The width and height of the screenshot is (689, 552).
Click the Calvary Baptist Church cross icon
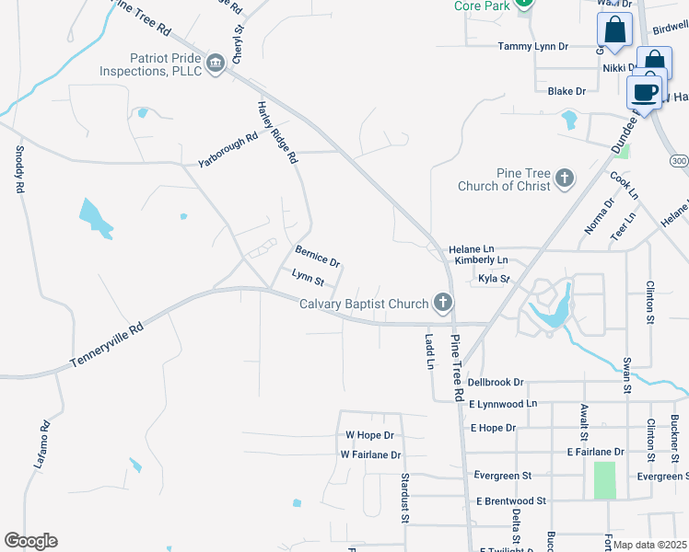pyautogui.click(x=444, y=302)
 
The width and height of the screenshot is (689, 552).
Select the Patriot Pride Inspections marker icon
pyautogui.click(x=216, y=63)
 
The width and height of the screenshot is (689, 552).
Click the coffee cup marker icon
pyautogui.click(x=644, y=92)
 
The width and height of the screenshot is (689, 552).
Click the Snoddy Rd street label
pyautogui.click(x=19, y=169)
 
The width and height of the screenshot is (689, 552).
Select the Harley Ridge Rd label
pyautogui.click(x=277, y=132)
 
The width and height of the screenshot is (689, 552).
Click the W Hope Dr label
pyautogui.click(x=369, y=435)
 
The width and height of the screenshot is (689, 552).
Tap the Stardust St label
pyautogui.click(x=405, y=498)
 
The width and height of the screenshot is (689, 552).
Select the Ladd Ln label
pyautogui.click(x=429, y=351)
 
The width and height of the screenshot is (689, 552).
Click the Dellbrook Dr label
pyautogui.click(x=496, y=382)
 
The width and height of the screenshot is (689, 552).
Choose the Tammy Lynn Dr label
pyautogui.click(x=542, y=46)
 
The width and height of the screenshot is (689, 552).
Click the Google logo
pyautogui.click(x=30, y=541)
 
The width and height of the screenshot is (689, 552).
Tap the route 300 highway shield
pyautogui.click(x=679, y=161)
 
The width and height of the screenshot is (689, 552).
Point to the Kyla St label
pyautogui.click(x=493, y=279)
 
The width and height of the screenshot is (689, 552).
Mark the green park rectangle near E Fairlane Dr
pyautogui.click(x=605, y=480)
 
